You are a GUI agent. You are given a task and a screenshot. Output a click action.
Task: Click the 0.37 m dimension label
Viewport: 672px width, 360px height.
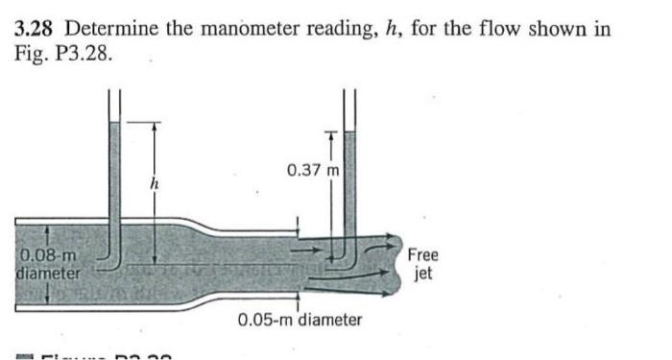(313, 171)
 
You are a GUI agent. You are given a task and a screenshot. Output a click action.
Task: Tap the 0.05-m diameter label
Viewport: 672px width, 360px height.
(300, 319)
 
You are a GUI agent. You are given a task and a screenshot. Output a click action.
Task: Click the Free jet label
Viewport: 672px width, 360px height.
(422, 263)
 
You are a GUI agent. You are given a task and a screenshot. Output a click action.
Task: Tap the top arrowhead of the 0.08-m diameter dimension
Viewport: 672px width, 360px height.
(20, 230)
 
